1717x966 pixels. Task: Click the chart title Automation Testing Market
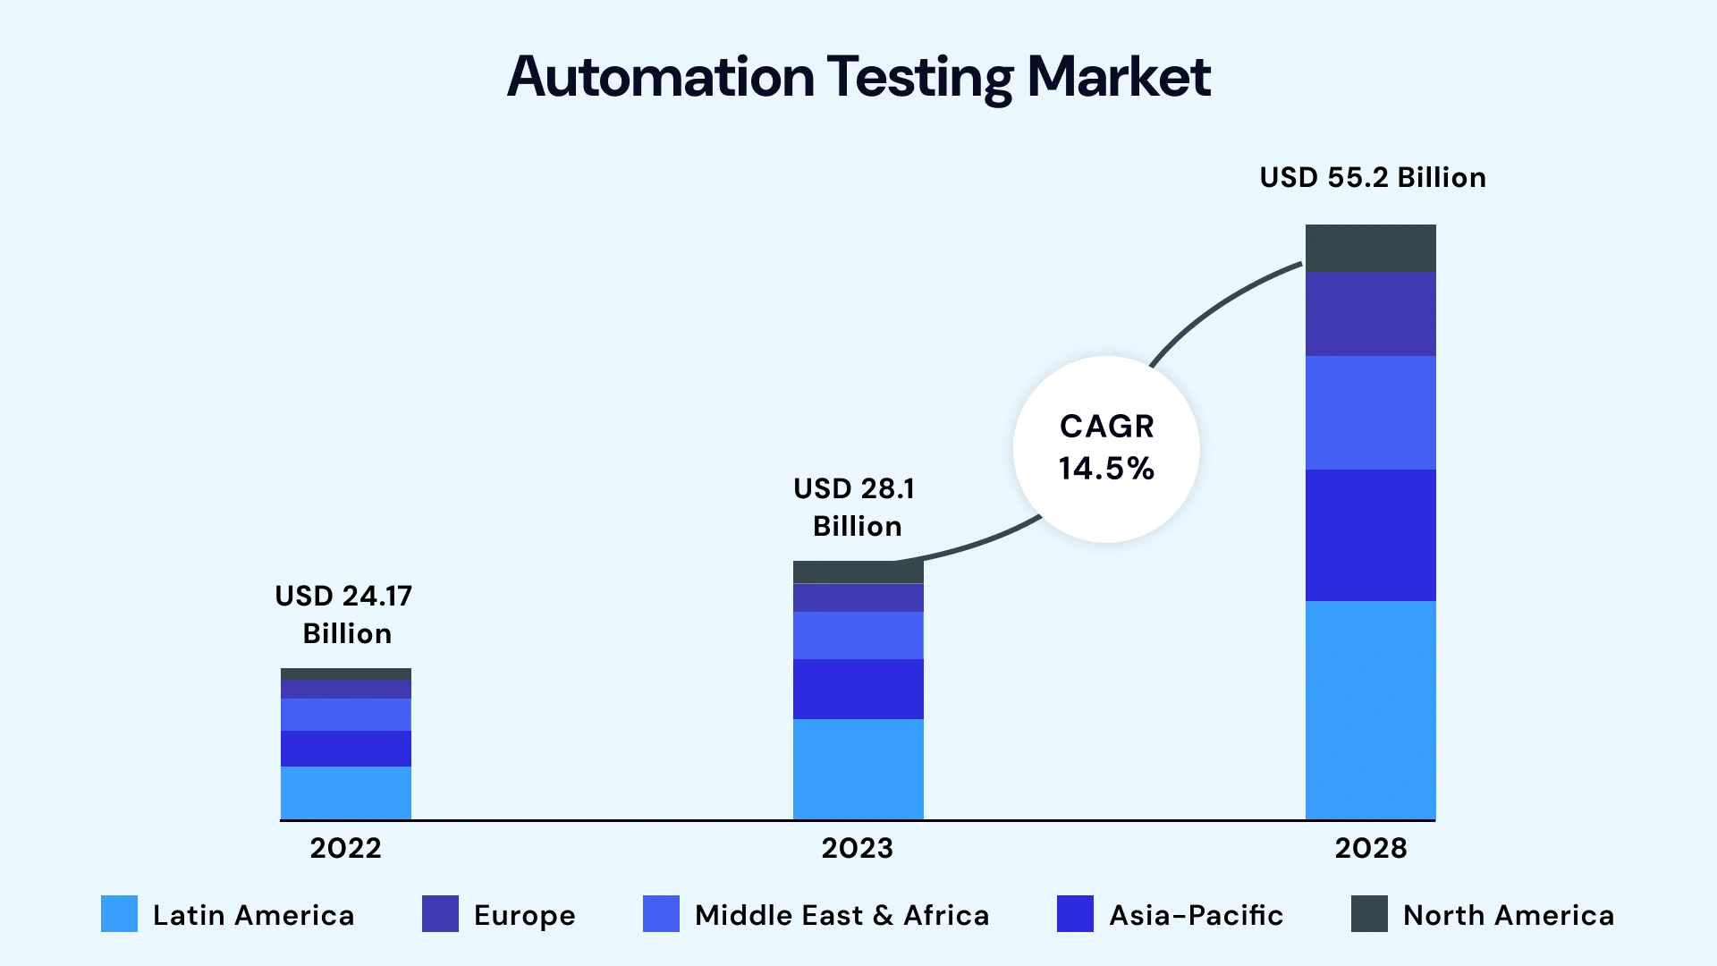point(858,77)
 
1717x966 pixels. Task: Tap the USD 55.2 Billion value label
point(1373,177)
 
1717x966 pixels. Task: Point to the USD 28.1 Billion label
point(856,507)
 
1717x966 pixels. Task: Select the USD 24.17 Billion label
point(344,614)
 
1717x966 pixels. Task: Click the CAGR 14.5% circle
point(1106,449)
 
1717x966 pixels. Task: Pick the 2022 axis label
point(345,848)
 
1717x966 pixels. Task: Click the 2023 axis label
point(857,848)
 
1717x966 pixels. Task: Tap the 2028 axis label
point(1370,848)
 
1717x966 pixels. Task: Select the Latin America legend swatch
point(119,914)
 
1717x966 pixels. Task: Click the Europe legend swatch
point(440,914)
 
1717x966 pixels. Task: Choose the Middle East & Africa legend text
point(842,915)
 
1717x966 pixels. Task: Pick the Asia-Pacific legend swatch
point(1075,914)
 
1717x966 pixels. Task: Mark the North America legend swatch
point(1369,914)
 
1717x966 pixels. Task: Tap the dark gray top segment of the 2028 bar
point(1370,248)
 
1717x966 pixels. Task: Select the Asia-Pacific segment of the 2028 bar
point(1370,535)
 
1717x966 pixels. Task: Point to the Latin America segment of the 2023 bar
point(858,768)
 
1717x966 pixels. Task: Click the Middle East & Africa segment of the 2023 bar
point(858,635)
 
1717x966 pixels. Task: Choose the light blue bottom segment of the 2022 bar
point(345,792)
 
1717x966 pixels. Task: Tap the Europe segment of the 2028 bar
point(1370,314)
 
